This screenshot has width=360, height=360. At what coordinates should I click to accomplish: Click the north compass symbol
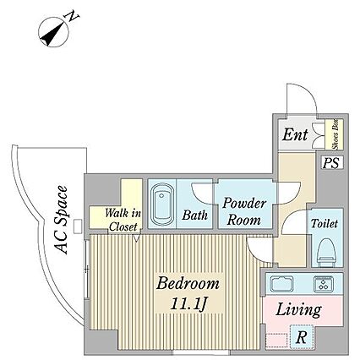tap(53, 31)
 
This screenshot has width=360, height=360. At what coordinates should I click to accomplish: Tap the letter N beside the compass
tap(72, 16)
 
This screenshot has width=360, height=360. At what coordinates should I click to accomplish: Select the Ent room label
tap(295, 134)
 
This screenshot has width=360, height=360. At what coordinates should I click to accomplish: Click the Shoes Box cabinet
tap(334, 134)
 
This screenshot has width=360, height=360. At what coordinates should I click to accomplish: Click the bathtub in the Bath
tap(162, 204)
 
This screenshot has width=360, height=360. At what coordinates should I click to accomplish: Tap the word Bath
tap(194, 215)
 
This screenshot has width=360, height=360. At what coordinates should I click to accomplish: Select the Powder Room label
tap(244, 211)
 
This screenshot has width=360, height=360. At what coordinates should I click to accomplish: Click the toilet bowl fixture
tap(327, 253)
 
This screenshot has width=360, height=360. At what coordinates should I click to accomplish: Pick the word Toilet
tap(324, 224)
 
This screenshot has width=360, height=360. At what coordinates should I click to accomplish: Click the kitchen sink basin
tap(281, 284)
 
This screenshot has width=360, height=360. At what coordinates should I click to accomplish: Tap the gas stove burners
tap(324, 284)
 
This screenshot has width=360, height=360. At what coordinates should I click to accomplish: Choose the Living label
tap(298, 310)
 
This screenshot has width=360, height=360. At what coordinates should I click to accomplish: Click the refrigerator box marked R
tap(302, 336)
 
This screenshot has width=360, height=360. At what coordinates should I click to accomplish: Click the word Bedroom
tap(188, 283)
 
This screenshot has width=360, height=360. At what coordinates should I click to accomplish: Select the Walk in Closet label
tap(123, 220)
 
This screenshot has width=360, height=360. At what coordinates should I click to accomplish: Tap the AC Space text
tap(62, 220)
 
